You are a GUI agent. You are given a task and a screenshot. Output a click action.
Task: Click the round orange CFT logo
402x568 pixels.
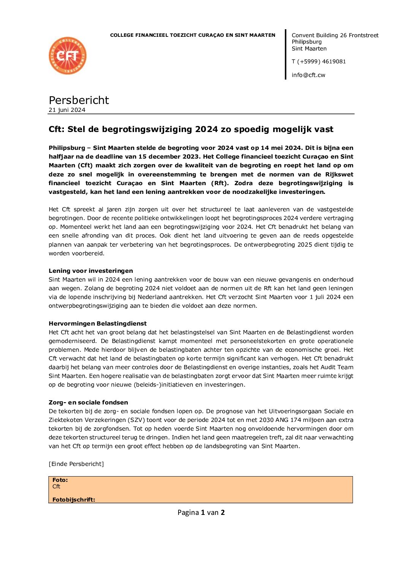point(68,56)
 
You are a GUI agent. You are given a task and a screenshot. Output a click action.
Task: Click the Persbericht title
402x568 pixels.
point(79,100)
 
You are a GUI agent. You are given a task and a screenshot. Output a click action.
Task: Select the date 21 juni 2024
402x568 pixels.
point(67,110)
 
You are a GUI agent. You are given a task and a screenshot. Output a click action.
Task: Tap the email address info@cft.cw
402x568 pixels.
point(308,75)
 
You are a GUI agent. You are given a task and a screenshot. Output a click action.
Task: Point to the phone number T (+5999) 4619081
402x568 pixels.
point(318,61)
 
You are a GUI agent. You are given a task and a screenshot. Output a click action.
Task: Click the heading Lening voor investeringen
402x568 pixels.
point(91,271)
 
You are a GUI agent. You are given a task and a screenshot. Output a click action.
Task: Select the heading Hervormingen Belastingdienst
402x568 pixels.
point(98,324)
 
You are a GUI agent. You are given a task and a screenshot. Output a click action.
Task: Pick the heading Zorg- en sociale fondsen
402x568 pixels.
point(88,403)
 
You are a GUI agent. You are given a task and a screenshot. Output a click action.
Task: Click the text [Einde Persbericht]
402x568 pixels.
point(76,464)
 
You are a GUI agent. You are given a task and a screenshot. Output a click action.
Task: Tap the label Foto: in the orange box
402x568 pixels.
point(60,480)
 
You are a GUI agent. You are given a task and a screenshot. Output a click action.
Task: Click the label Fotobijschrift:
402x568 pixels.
point(74,500)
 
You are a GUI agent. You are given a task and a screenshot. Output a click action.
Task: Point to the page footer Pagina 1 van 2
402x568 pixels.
point(201,513)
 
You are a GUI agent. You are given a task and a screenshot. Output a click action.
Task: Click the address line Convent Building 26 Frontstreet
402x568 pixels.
point(335,35)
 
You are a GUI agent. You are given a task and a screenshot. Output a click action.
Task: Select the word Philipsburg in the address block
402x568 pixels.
point(307,42)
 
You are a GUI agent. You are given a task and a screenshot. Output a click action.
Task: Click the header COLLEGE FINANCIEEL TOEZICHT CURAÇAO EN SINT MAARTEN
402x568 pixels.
point(193,35)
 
